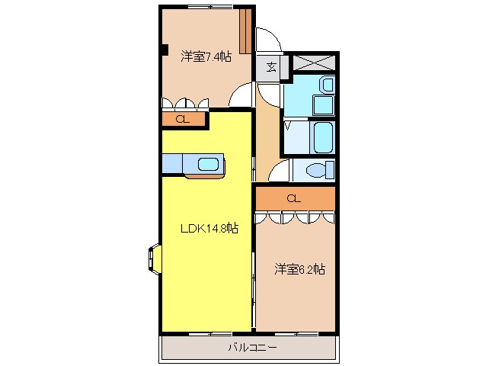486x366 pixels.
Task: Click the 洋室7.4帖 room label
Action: pos(206,56)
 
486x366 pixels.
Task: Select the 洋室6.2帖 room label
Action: pos(300,268)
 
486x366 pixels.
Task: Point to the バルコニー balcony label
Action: pos(252,348)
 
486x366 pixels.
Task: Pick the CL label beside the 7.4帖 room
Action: pos(182,119)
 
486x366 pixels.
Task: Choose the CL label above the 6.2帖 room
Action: pos(294,198)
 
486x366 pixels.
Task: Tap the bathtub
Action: pos(322,137)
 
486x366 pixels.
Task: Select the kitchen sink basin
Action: pos(208,162)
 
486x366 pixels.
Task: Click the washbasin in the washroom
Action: pos(327,84)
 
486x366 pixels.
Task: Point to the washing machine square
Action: pos(323,106)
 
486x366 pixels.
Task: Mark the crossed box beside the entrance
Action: pos(315,63)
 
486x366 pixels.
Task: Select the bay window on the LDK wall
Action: pos(152,257)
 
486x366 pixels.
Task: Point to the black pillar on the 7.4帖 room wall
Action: pos(164,51)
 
